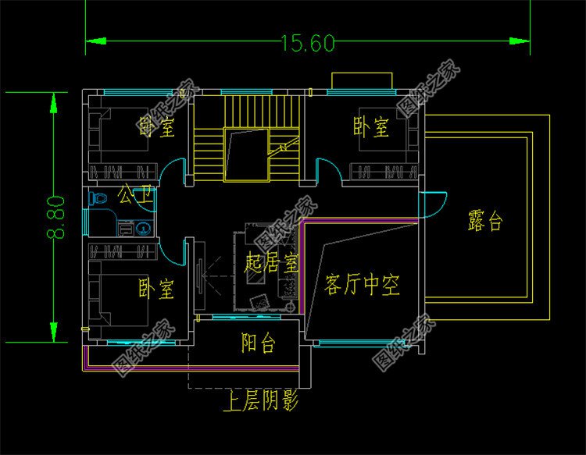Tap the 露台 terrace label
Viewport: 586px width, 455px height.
484,222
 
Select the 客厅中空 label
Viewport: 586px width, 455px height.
361,286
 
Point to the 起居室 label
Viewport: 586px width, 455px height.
271,263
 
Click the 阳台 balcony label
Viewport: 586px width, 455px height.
257,343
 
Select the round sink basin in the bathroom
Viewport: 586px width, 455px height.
145,229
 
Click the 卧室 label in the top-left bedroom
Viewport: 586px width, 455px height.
156,127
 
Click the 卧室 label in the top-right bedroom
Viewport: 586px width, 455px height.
370,127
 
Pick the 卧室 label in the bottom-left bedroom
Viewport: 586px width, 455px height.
156,290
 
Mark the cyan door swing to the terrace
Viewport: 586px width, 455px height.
431,204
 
